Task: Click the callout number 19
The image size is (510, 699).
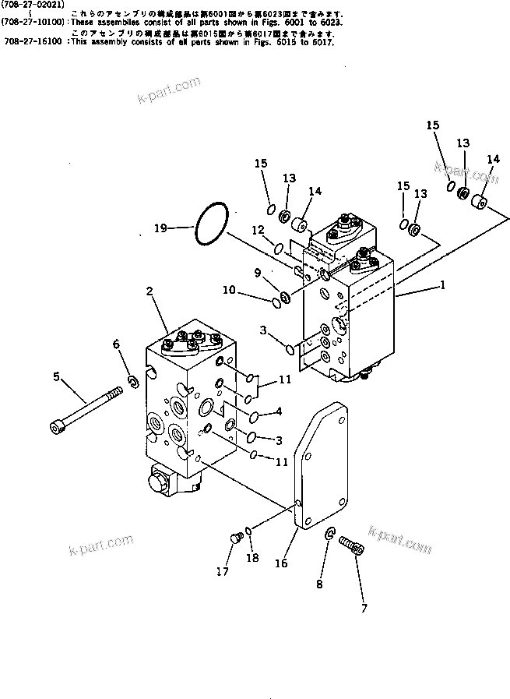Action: coord(160,229)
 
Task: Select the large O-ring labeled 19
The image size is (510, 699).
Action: coord(211,224)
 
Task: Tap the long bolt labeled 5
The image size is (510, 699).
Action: coord(85,407)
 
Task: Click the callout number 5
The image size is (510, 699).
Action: coord(56,376)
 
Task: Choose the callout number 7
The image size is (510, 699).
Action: coord(364,608)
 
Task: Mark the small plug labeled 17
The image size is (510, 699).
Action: coord(234,538)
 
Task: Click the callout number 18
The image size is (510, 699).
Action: coord(251,559)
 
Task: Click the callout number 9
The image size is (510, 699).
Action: coord(258,272)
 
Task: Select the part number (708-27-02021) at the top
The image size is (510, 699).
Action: coord(32,5)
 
